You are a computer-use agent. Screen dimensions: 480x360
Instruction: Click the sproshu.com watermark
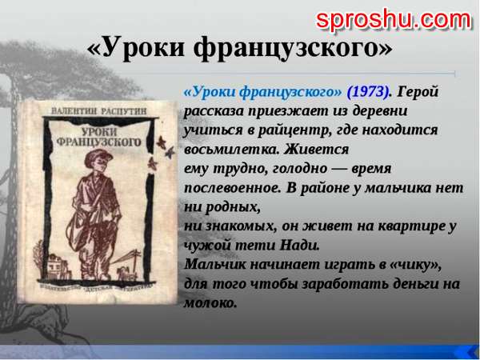[394, 21]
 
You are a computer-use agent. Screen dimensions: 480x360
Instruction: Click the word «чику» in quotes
[416, 265]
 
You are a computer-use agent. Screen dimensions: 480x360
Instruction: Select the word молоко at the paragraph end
[210, 303]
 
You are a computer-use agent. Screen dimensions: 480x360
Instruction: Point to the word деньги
[415, 284]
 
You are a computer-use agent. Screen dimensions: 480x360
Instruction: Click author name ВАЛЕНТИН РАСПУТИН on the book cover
[98, 111]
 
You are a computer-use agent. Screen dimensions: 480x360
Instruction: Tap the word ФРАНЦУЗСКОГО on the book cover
[99, 142]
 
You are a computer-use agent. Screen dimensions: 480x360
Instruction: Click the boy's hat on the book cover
[98, 157]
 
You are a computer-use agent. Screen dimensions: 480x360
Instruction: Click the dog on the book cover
[126, 272]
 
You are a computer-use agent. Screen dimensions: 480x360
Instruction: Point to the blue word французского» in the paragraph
[290, 92]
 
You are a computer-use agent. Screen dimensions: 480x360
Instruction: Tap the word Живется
[316, 150]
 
